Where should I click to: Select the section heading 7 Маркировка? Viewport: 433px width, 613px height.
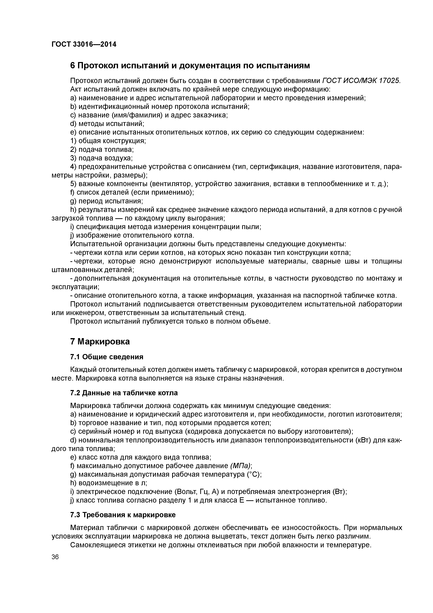pyautogui.click(x=100, y=341)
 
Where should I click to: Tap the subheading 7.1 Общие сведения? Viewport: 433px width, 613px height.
pyautogui.click(x=107, y=357)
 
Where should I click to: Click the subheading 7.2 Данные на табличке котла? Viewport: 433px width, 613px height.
pyautogui.click(x=124, y=393)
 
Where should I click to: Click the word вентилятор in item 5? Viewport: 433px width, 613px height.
pyautogui.click(x=172, y=184)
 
